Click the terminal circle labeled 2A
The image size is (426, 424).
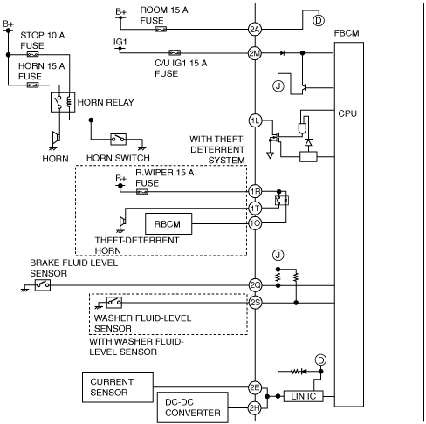click(255, 29)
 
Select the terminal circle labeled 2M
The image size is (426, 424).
click(255, 53)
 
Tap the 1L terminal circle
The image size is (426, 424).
click(255, 120)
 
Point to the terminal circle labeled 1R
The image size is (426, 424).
click(255, 191)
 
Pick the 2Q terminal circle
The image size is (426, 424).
click(255, 285)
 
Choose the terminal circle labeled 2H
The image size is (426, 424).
click(255, 407)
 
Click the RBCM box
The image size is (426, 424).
click(168, 223)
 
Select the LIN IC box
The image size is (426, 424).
click(303, 396)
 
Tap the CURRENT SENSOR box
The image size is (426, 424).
click(118, 387)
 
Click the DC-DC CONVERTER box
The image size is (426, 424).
click(193, 407)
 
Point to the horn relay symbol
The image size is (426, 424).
click(63, 102)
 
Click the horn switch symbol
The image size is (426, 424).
click(119, 140)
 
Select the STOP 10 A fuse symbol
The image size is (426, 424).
click(32, 54)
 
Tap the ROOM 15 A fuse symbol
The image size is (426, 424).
click(161, 29)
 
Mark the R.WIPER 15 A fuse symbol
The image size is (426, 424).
click(142, 191)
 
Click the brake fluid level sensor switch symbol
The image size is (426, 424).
click(43, 285)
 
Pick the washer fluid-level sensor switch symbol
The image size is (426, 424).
click(114, 303)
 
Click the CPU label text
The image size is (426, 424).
click(347, 113)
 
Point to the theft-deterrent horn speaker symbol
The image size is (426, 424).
click(122, 222)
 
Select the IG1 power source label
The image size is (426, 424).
click(120, 42)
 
